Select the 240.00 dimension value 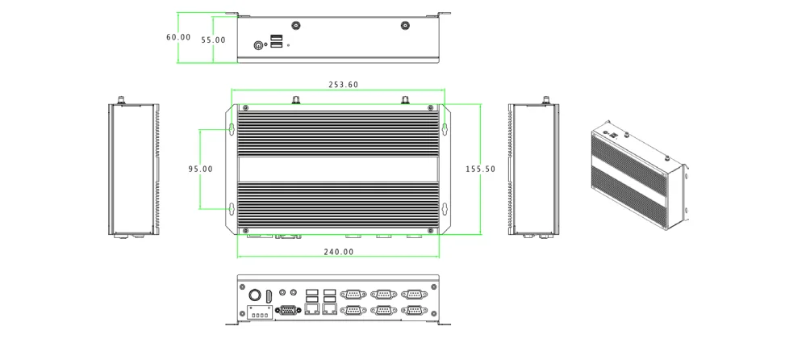click(339, 252)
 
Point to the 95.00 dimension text click(201, 169)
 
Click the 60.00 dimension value click(178, 37)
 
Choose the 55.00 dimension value click(213, 40)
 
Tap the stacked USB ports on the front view click(277, 42)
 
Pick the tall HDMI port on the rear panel click(269, 295)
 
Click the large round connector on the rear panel click(253, 295)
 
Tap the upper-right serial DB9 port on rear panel click(413, 295)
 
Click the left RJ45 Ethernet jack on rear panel click(311, 309)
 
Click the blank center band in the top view click(338, 169)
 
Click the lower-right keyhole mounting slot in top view click(444, 208)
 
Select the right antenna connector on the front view click(405, 26)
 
